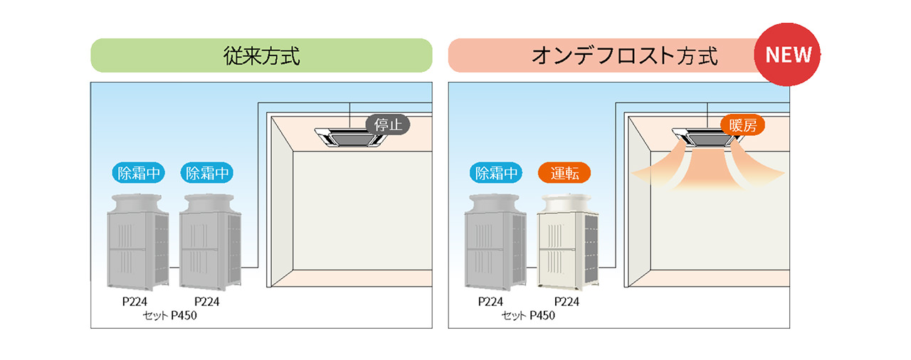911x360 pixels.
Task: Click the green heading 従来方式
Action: tap(260, 55)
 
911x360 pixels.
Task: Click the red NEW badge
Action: tap(787, 55)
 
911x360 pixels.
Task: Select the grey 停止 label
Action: tap(389, 125)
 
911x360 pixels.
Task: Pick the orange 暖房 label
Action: tap(742, 126)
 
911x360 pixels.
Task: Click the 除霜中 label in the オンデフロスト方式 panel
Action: tap(495, 173)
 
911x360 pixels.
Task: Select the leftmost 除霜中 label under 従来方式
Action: tap(138, 173)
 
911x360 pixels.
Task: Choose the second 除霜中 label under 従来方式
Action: tap(209, 173)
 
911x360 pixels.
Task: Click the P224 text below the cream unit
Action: tap(567, 302)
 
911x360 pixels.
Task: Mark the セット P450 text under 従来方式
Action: tap(170, 316)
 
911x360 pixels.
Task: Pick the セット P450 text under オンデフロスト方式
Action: tap(528, 316)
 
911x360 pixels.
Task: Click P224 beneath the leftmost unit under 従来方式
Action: tap(135, 302)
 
